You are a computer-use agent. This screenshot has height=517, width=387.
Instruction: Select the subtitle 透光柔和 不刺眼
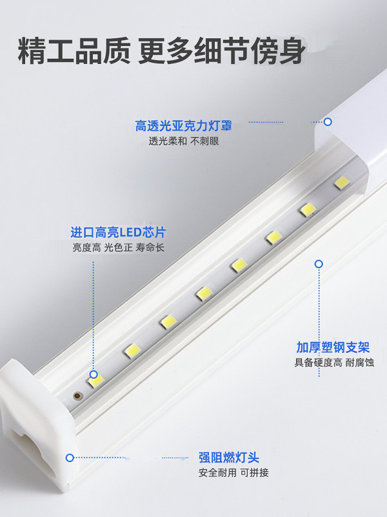click(x=184, y=141)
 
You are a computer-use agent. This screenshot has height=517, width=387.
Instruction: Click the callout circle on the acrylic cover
click(x=328, y=121)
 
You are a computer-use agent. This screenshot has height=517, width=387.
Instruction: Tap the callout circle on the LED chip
click(x=94, y=375)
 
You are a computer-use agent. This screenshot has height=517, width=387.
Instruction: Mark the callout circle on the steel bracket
click(x=318, y=264)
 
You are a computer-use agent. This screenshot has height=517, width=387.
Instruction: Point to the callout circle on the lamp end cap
click(x=70, y=458)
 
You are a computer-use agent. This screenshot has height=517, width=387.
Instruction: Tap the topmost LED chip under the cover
click(x=341, y=183)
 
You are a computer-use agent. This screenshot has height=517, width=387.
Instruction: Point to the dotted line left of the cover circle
click(x=284, y=121)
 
